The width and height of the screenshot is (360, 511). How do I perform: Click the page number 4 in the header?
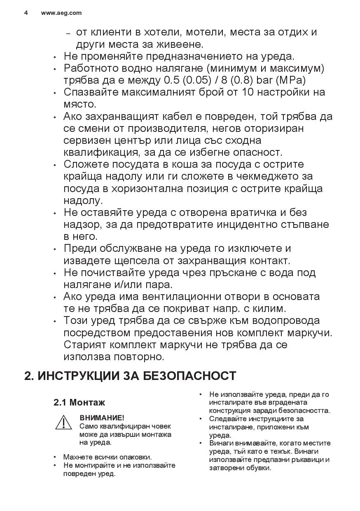(26, 13)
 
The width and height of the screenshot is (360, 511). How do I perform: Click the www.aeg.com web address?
(61, 13)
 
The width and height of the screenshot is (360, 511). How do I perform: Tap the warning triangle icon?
(64, 423)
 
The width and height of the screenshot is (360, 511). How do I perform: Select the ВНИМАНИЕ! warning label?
(102, 418)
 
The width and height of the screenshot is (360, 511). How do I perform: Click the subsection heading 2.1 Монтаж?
(79, 402)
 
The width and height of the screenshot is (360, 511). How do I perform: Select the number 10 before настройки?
(248, 92)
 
